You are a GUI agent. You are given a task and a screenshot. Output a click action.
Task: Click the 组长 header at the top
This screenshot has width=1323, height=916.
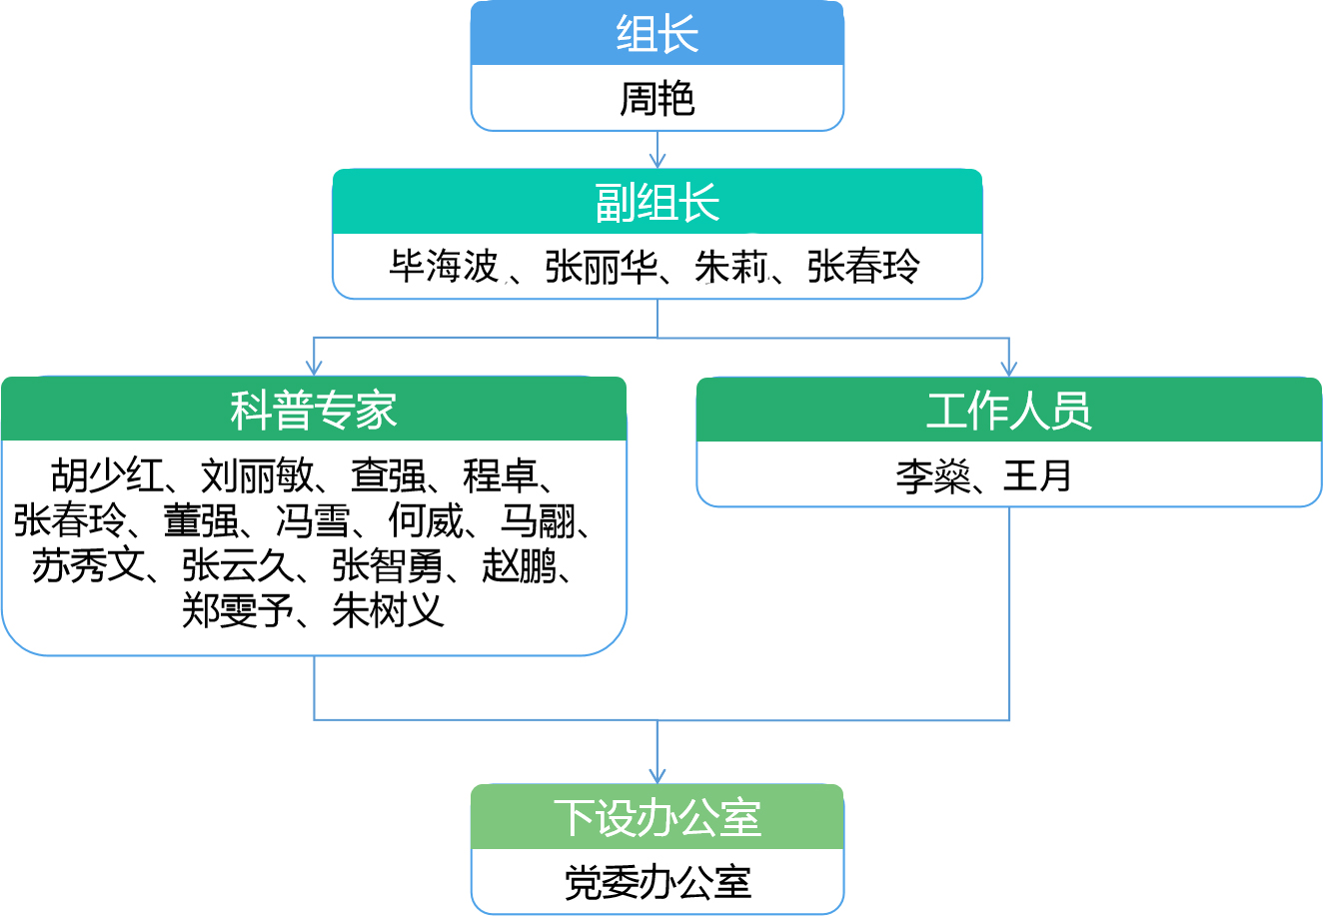[x=657, y=34]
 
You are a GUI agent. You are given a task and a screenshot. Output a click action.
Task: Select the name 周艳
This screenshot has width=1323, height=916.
[x=657, y=99]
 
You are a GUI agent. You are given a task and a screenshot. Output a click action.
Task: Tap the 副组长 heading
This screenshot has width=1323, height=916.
[x=657, y=203]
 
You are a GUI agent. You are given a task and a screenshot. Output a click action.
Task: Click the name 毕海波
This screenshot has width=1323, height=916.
[x=444, y=267]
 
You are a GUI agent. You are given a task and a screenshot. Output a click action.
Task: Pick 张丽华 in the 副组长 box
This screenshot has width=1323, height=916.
[x=601, y=267]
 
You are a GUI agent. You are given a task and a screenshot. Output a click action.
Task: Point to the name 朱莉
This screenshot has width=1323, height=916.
[x=730, y=267]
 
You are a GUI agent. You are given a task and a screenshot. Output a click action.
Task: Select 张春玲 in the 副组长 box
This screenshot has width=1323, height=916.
[x=863, y=267]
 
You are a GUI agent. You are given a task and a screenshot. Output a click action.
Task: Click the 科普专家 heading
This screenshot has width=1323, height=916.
[x=314, y=411]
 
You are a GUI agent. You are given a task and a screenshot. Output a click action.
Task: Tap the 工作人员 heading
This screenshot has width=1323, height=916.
[x=1008, y=411]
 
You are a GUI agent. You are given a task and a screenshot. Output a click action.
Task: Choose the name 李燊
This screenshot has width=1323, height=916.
[x=933, y=476]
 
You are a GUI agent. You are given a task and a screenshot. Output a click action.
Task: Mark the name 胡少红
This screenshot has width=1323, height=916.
[x=107, y=476]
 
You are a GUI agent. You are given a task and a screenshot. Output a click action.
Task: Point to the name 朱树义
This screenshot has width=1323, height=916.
[x=389, y=610]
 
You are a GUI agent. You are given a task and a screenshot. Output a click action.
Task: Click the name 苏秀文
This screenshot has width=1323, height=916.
[x=88, y=566]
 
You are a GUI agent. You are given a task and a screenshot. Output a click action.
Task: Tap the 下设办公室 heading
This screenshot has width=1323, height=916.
[x=657, y=818]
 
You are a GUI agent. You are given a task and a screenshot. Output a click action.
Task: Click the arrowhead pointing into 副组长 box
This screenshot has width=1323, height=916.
[x=657, y=161]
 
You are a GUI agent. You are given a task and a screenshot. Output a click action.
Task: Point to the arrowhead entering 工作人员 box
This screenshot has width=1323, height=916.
[x=1008, y=369]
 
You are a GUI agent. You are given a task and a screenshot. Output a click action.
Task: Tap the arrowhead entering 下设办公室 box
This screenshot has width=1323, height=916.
[x=657, y=776]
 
